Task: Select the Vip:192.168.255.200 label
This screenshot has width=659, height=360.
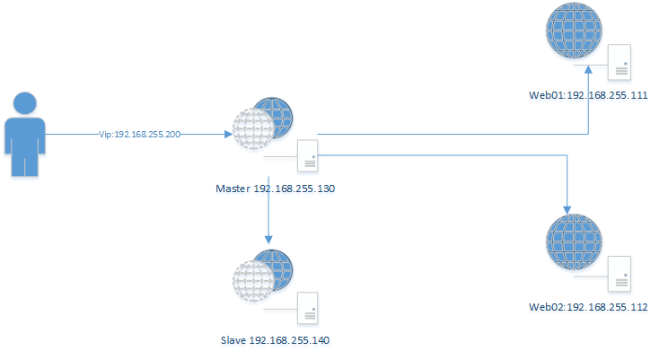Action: point(139,135)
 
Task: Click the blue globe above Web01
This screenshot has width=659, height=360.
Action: point(574,32)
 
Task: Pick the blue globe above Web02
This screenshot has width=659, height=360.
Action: point(574,242)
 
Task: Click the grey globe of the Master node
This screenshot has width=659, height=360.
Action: point(252,133)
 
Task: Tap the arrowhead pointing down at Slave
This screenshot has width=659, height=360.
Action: point(268,238)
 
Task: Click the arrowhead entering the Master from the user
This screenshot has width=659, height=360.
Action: point(225,135)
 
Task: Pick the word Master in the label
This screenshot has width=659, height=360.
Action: point(233,189)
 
